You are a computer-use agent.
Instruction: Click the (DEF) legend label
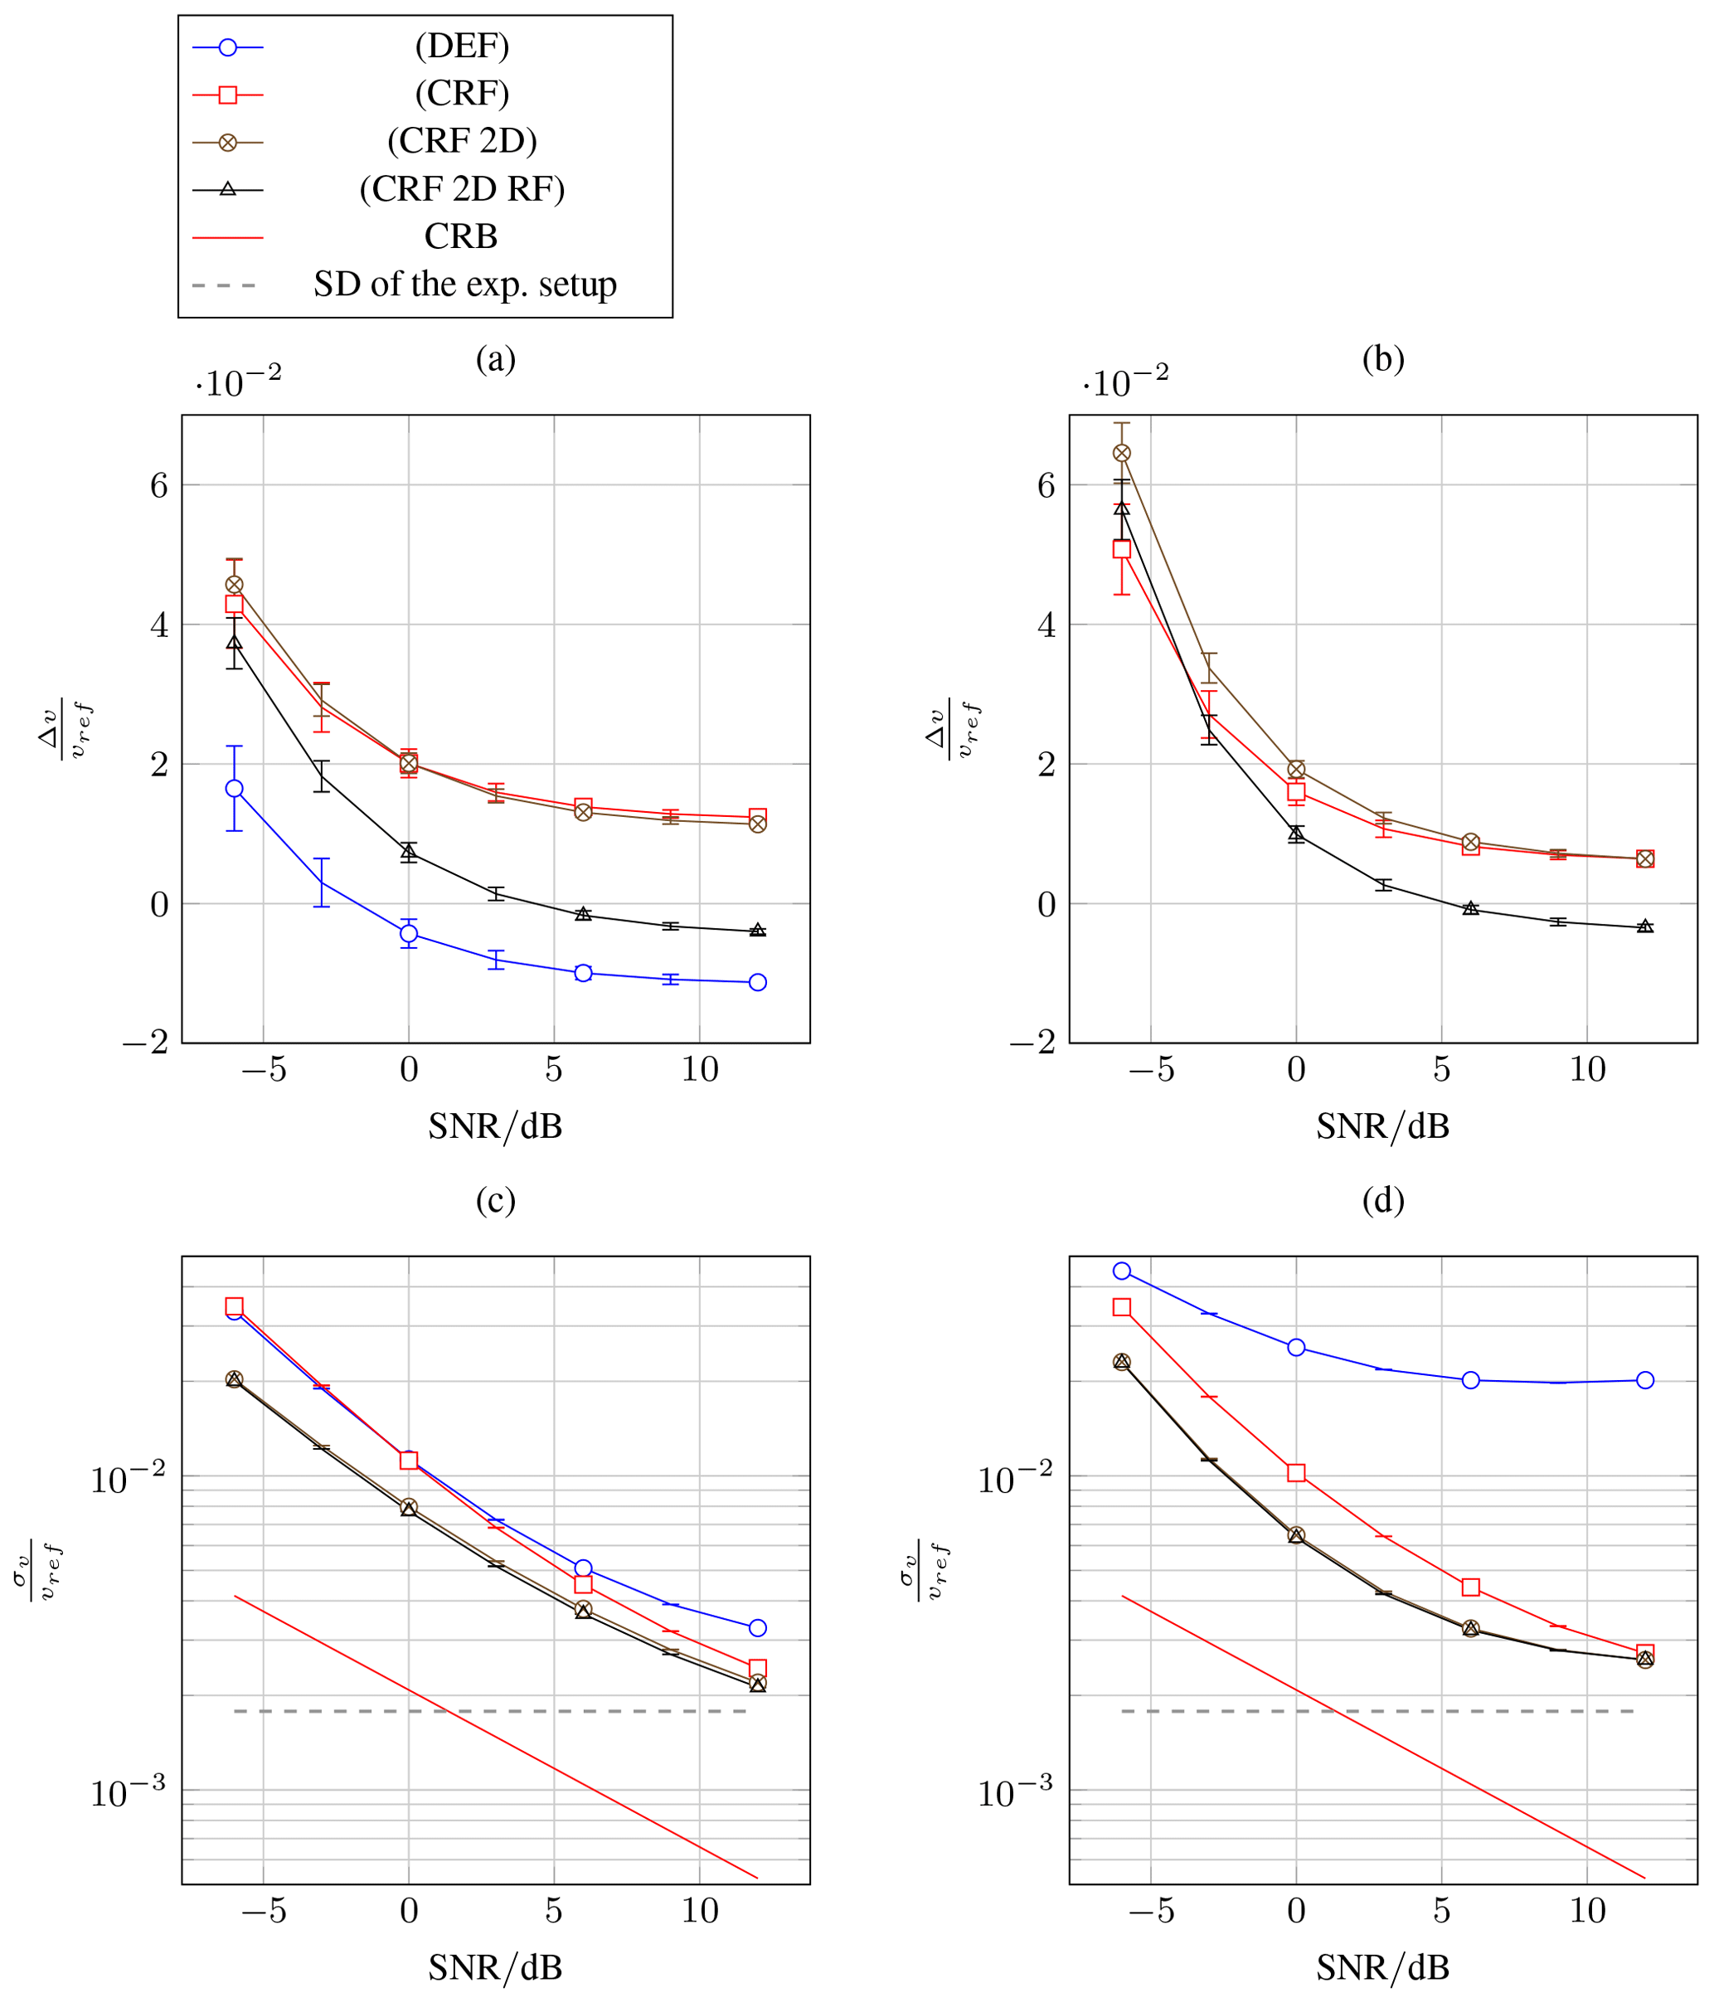461,46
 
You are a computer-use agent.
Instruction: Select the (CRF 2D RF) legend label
461,188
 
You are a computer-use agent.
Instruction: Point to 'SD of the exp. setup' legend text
465,284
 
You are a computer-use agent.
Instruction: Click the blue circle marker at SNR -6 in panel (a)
234,789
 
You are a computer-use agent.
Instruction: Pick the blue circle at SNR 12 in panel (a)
758,982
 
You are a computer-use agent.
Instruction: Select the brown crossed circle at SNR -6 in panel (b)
1121,454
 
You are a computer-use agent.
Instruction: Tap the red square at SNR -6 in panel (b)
1121,549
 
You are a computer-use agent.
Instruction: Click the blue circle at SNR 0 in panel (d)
1296,1348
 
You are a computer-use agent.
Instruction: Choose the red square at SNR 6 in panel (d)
1470,1587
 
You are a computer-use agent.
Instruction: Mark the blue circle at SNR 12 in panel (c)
758,1628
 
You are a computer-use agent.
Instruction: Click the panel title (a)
496,360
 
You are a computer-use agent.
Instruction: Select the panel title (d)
1383,1201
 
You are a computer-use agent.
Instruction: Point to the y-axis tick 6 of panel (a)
159,485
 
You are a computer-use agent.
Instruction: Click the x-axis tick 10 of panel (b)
1586,1070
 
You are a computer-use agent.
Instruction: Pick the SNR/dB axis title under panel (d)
1383,1968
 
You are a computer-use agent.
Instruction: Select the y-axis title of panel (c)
39,1572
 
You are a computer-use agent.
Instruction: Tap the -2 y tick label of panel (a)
146,1043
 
